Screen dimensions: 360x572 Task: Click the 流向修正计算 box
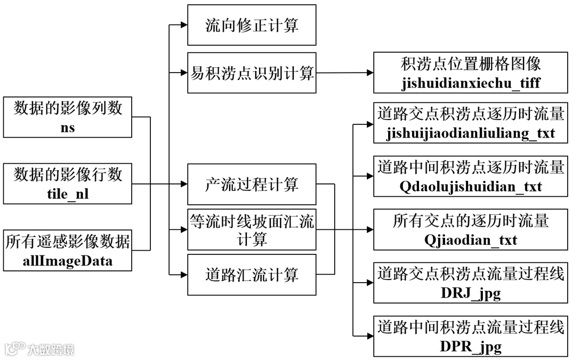point(252,25)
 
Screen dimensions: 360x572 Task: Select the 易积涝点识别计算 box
point(252,73)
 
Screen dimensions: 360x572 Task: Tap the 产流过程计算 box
point(252,185)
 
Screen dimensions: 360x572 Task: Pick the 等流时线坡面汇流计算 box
point(252,230)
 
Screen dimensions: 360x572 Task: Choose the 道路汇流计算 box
point(252,275)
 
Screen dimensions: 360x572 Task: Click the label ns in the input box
point(68,127)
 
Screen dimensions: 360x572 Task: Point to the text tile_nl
point(68,194)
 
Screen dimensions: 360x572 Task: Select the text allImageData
point(68,261)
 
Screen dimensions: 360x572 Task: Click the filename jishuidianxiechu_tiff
point(471,84)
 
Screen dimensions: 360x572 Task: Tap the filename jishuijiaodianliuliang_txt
point(471,133)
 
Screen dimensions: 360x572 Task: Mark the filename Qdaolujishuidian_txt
point(471,187)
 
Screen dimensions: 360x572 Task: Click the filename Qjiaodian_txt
point(471,240)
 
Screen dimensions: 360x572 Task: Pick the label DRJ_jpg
point(471,293)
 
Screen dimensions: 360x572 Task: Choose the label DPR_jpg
point(471,347)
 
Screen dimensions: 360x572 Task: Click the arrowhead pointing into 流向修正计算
point(183,25)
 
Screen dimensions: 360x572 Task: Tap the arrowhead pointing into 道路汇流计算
point(183,275)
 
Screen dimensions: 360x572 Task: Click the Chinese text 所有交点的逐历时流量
point(471,220)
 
